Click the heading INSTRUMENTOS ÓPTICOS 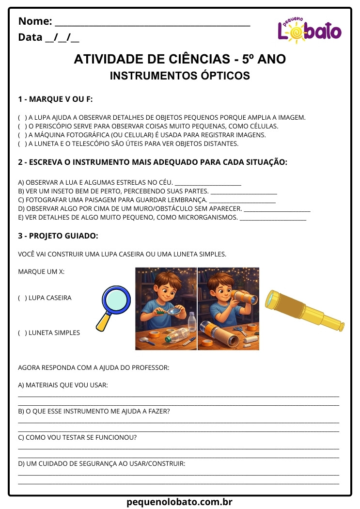click(180, 76)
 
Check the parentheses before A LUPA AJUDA click(22, 118)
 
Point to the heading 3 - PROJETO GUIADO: click(58, 236)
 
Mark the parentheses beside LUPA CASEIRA click(22, 298)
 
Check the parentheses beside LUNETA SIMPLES click(22, 333)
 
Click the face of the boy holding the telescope click(222, 287)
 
